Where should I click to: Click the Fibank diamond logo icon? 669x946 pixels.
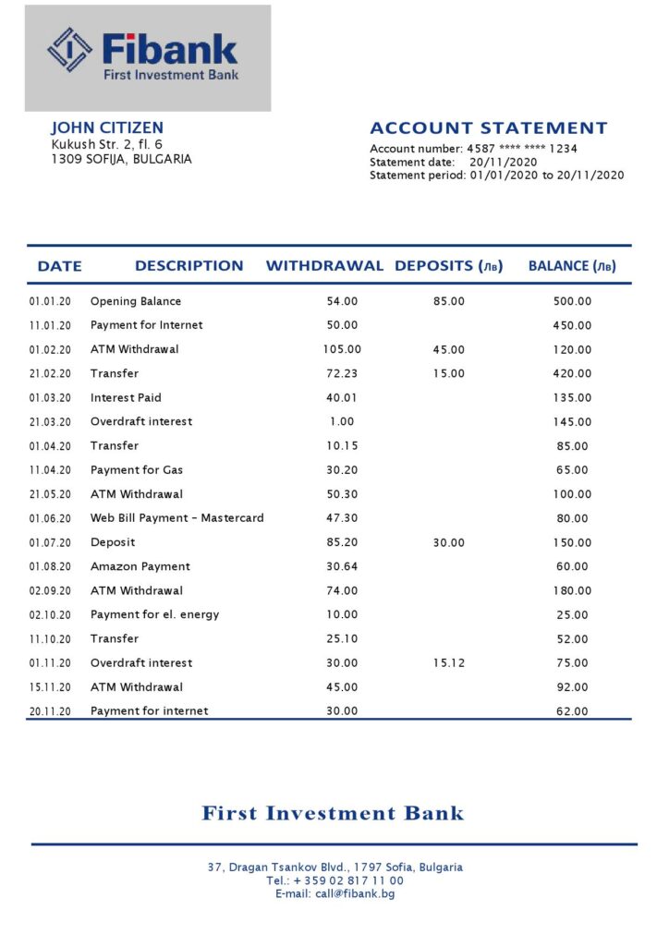[70, 49]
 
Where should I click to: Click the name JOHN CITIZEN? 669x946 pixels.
[107, 128]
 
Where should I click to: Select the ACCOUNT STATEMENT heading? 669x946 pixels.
[488, 128]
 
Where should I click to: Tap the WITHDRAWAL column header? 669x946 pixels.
[324, 266]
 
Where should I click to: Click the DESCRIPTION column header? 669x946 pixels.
[189, 266]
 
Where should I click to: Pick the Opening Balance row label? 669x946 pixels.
[136, 301]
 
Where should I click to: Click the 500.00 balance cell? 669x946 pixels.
[573, 301]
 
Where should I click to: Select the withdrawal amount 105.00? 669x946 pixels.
[342, 349]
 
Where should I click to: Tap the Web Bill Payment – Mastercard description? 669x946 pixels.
[176, 518]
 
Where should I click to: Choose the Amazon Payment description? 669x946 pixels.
[140, 566]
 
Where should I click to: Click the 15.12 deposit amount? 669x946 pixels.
[449, 662]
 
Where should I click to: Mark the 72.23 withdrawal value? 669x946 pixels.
[342, 373]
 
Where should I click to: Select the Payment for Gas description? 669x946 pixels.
[137, 470]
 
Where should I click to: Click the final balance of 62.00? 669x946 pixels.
[573, 711]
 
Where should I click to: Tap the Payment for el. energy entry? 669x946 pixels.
[154, 614]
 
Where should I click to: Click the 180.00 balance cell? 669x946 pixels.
[573, 590]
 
